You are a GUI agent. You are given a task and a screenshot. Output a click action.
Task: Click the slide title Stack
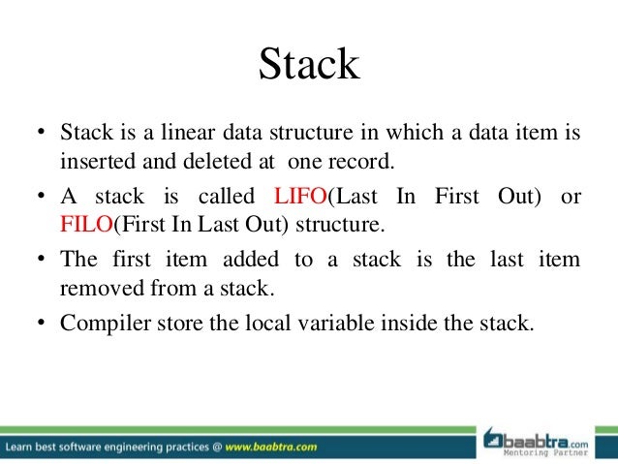pyautogui.click(x=309, y=65)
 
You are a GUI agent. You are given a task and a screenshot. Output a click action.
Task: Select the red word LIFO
pyautogui.click(x=301, y=197)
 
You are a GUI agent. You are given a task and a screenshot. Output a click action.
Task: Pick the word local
pyautogui.click(x=244, y=322)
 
